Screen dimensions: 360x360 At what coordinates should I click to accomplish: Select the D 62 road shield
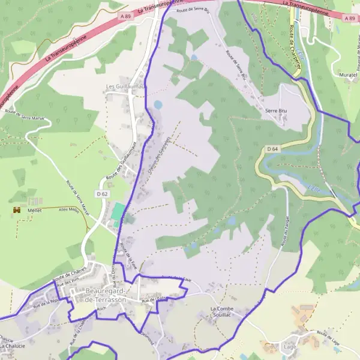point(101,194)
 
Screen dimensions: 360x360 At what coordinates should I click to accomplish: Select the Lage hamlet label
point(290,346)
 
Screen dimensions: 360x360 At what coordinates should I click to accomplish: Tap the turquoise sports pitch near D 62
point(118,211)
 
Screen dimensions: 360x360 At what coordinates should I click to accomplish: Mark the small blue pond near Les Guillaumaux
point(158,104)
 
